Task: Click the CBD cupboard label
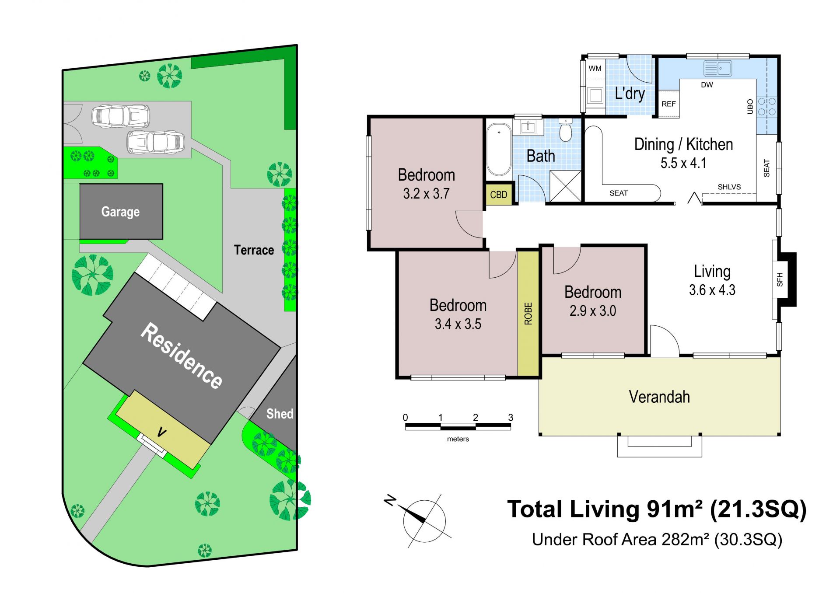499,195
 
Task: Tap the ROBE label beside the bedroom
528,314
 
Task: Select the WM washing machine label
595,68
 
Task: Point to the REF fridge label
668,104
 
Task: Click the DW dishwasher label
707,85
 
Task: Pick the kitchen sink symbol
717,68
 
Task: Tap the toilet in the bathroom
566,130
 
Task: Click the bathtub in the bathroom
499,150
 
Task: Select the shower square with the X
566,186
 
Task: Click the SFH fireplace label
780,279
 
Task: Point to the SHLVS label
729,187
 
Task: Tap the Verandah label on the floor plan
659,397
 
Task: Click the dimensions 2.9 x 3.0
593,311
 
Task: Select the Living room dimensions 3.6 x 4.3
712,290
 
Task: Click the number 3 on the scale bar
511,418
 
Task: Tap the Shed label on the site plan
280,414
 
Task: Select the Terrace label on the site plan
254,250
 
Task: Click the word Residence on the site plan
181,356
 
